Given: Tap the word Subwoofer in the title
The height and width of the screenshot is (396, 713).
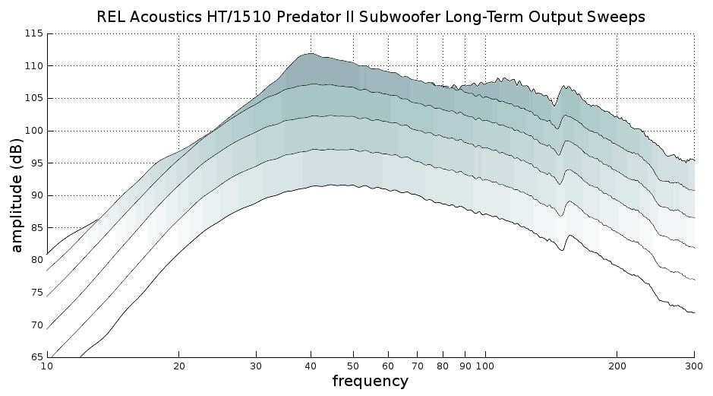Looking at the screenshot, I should pyautogui.click(x=386, y=17).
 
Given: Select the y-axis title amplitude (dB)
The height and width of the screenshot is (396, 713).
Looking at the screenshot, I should pyautogui.click(x=17, y=195).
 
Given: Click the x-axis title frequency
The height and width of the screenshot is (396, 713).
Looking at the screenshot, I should pyautogui.click(x=370, y=381).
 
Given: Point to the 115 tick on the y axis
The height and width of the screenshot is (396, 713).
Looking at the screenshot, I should pyautogui.click(x=34, y=34).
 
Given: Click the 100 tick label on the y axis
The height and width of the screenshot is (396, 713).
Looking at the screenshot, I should pyautogui.click(x=34, y=131).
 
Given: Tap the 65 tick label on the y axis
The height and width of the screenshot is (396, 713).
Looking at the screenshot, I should pyautogui.click(x=36, y=356).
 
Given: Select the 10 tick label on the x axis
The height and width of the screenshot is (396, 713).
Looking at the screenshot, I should pyautogui.click(x=47, y=366).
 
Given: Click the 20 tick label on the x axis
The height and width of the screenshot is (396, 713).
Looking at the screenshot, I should pyautogui.click(x=178, y=366).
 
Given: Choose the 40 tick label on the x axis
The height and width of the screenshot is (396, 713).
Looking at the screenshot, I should pyautogui.click(x=310, y=366).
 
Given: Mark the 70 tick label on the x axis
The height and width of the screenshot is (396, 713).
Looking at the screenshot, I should pyautogui.click(x=416, y=366).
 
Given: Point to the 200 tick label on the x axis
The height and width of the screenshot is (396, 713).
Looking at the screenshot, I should pyautogui.click(x=617, y=366).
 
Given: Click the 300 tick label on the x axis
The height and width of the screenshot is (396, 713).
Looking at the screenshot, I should pyautogui.click(x=693, y=366).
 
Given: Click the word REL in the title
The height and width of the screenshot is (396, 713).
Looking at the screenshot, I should pyautogui.click(x=112, y=17).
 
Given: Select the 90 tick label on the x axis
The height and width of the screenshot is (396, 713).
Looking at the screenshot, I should pyautogui.click(x=465, y=366).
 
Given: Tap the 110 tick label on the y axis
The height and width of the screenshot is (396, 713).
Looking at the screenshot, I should pyautogui.click(x=34, y=66).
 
